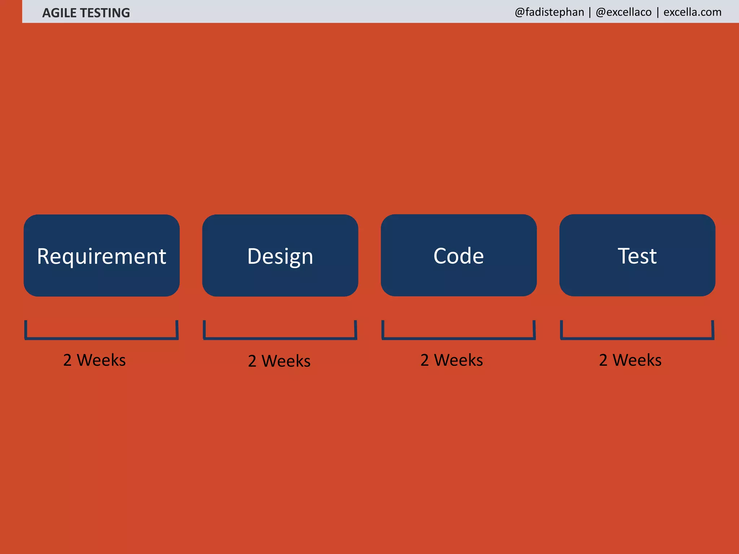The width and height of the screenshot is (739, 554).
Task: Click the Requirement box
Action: (101, 255)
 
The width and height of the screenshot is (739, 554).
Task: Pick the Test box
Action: (637, 255)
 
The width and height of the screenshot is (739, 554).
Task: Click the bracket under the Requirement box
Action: (101, 338)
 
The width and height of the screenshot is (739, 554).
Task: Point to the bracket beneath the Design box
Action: (280, 338)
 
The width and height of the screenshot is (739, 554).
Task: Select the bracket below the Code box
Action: (458, 338)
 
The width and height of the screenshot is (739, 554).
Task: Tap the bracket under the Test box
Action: (637, 338)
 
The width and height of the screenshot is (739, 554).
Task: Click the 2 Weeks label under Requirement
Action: (95, 360)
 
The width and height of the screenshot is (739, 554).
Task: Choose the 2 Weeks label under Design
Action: (279, 361)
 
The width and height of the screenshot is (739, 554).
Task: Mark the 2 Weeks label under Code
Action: (451, 360)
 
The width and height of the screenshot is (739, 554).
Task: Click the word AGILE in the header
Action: (59, 13)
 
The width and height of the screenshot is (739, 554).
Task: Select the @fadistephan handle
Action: (549, 12)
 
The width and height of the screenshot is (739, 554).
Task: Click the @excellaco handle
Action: (624, 12)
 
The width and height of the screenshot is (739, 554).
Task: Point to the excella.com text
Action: (692, 12)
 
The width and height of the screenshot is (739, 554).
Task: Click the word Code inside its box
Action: (458, 256)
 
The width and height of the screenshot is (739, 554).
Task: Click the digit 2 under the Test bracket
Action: (603, 360)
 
